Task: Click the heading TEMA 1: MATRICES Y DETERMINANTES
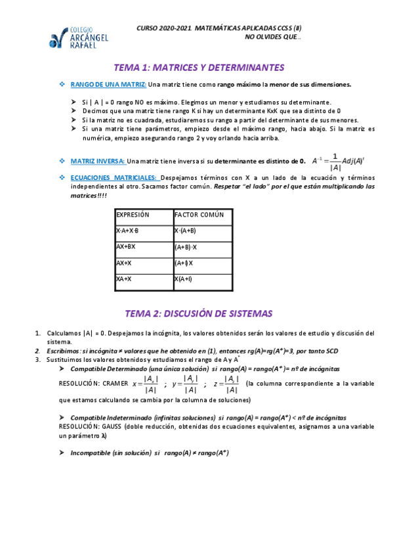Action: pyautogui.click(x=199, y=68)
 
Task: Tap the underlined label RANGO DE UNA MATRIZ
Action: pyautogui.click(x=108, y=84)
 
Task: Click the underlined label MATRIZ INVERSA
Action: pyautogui.click(x=98, y=161)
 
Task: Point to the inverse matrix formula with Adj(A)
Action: pyautogui.click(x=337, y=162)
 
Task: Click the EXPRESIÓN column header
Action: pyautogui.click(x=133, y=215)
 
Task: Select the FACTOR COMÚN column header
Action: pyautogui.click(x=199, y=215)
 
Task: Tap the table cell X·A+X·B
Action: pyautogui.click(x=127, y=231)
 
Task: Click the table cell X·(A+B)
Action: pyautogui.click(x=185, y=231)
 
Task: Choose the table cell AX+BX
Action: pyautogui.click(x=125, y=247)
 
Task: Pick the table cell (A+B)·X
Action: pyautogui.click(x=186, y=247)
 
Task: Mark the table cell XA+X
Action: pyautogui.click(x=124, y=279)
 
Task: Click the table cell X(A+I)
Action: pyautogui.click(x=183, y=279)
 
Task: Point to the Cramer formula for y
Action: pyautogui.click(x=185, y=384)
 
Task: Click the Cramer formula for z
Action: pyautogui.click(x=225, y=384)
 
